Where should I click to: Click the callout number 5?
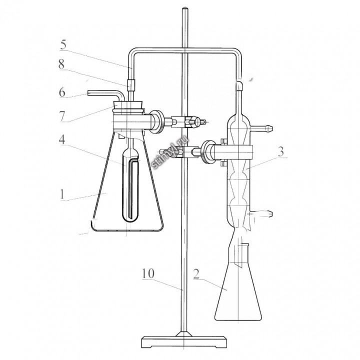click(63, 44)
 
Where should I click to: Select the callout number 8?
click(61, 64)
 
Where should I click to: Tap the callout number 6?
click(62, 92)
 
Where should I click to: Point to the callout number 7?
click(62, 116)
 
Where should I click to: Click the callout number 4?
click(62, 139)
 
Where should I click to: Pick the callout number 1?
click(62, 194)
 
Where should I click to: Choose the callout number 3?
click(281, 151)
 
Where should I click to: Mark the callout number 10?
click(148, 273)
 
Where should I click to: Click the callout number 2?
click(196, 274)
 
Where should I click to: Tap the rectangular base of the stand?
click(184, 341)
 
